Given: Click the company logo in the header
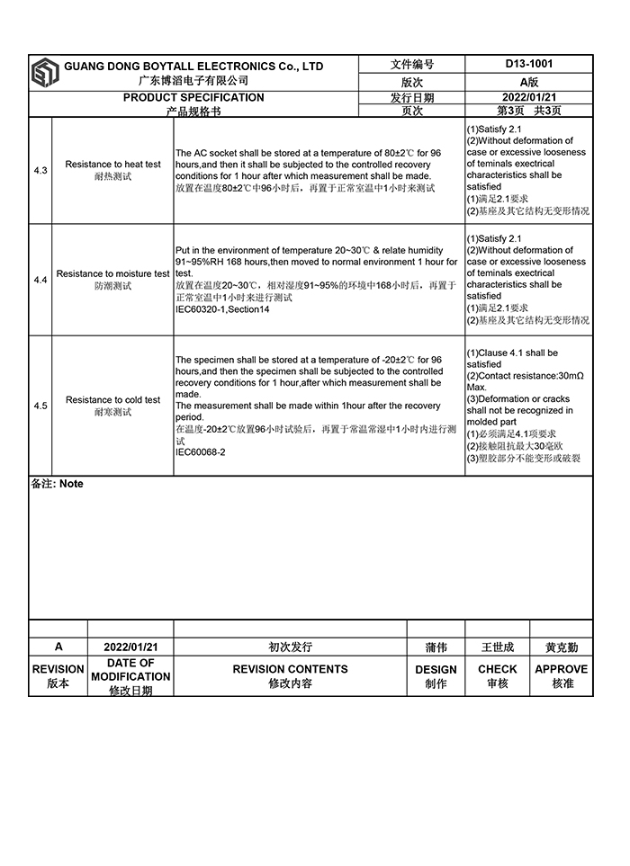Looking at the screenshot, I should click(45, 73).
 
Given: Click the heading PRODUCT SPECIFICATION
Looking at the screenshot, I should click(193, 97).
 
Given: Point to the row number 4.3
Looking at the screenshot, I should click(40, 170).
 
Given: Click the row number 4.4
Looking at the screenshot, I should click(40, 281).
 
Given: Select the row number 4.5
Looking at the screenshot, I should click(40, 406).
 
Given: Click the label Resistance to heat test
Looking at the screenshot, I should click(113, 165).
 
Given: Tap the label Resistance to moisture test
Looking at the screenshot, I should click(113, 273).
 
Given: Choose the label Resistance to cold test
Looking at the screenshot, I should click(113, 399).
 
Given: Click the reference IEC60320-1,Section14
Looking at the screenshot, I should click(222, 308).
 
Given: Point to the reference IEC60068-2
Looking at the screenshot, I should click(201, 452).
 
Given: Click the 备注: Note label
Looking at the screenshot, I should click(58, 484).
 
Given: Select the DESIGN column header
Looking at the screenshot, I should click(436, 669).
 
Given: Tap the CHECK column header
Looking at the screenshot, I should click(498, 669).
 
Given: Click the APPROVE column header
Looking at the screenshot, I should click(562, 669).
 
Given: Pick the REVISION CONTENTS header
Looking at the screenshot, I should click(290, 669).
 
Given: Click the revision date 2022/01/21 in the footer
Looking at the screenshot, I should click(130, 647).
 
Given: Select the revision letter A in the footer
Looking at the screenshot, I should click(58, 647).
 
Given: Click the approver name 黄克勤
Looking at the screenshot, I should click(562, 647).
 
